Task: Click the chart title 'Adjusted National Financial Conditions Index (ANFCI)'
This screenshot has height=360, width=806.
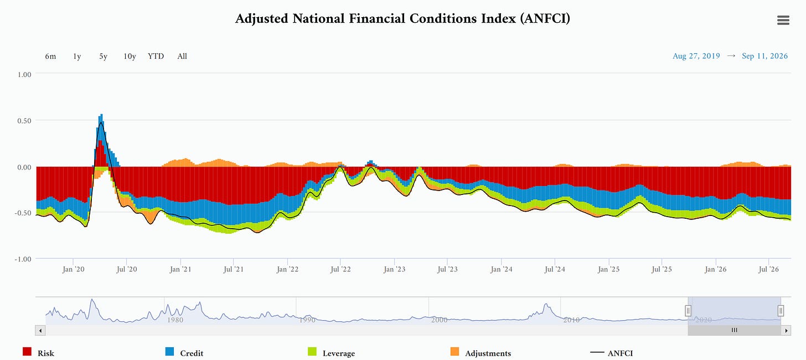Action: (x=402, y=18)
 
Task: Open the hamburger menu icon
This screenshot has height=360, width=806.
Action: (x=783, y=20)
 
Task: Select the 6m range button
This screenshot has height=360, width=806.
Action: (x=50, y=56)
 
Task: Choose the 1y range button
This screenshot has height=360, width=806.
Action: (x=77, y=56)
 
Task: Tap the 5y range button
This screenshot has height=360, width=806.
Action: (x=104, y=56)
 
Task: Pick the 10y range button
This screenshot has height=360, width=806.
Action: (x=130, y=56)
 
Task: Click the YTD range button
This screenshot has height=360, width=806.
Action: (x=156, y=56)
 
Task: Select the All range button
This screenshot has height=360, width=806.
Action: (x=182, y=56)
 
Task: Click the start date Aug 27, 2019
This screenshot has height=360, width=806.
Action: (x=696, y=56)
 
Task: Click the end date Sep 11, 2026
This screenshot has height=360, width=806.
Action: (x=764, y=56)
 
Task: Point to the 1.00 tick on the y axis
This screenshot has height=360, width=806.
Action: (x=24, y=75)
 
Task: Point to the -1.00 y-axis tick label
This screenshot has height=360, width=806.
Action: (x=23, y=259)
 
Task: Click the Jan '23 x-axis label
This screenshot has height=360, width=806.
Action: (x=394, y=269)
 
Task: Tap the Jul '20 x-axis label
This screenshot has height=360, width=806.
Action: (x=127, y=269)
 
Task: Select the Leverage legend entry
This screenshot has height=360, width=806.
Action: (x=332, y=352)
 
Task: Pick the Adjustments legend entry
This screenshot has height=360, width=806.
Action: (x=480, y=352)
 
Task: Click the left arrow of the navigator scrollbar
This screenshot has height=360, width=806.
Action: (x=40, y=331)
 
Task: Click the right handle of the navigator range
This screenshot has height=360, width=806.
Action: (x=781, y=310)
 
